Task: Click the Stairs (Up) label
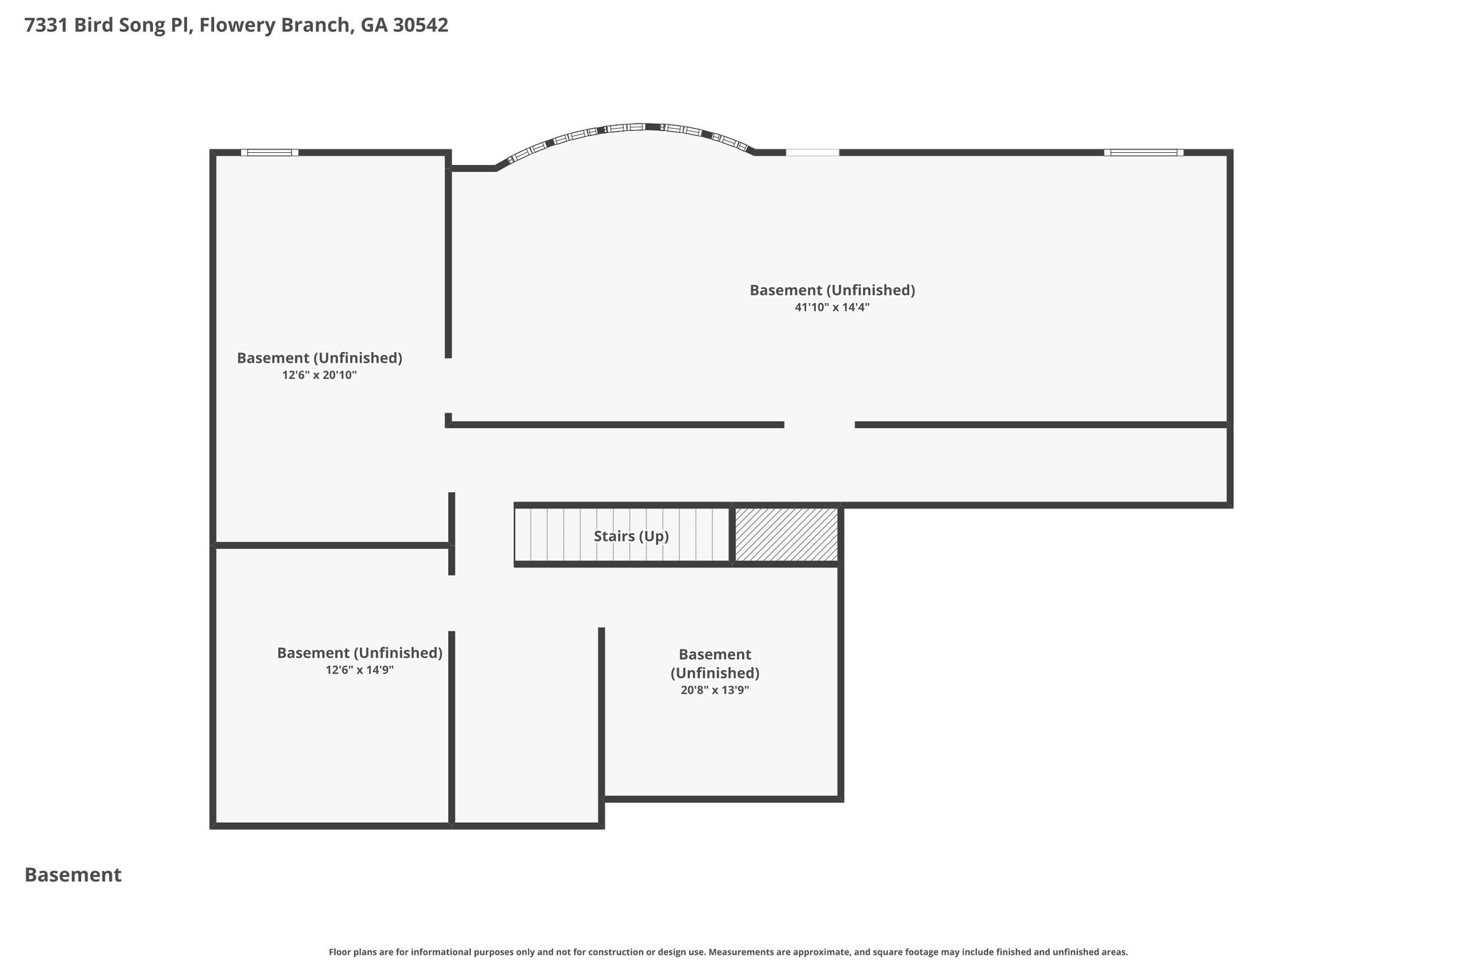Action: click(631, 536)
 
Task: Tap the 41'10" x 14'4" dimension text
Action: click(832, 307)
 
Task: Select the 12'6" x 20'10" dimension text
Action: click(319, 375)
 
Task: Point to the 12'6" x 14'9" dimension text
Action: click(360, 669)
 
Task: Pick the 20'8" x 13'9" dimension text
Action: click(715, 689)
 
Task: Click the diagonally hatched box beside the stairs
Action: click(786, 535)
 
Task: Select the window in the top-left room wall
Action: click(270, 152)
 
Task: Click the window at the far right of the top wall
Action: click(1144, 152)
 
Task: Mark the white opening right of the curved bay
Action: click(812, 152)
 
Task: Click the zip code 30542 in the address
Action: click(420, 26)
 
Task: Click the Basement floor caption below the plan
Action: click(73, 875)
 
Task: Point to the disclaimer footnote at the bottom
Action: click(728, 952)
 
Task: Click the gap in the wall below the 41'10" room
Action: click(820, 425)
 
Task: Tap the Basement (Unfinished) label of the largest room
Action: click(832, 290)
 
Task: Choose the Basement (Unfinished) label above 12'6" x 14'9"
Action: click(360, 653)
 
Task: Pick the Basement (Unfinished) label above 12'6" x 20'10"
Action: click(319, 358)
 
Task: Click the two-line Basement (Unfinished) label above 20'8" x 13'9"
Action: click(715, 664)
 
